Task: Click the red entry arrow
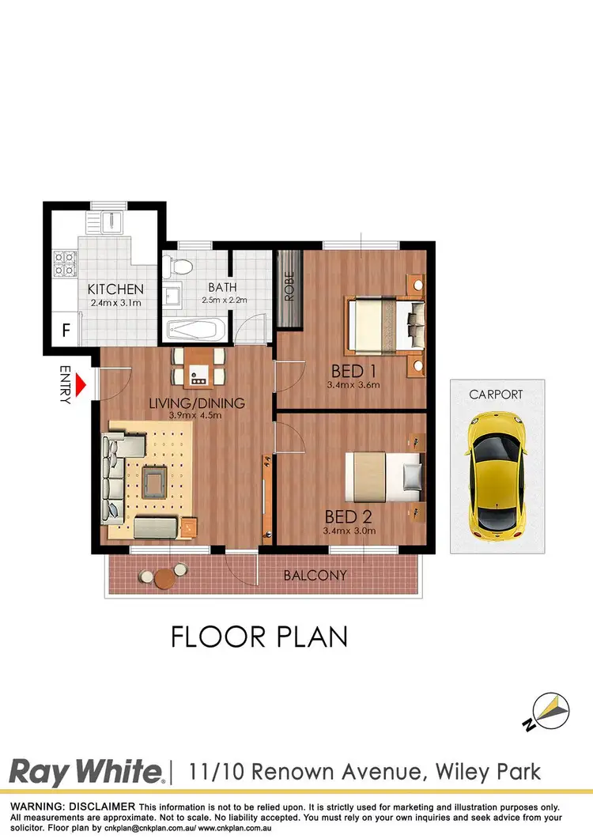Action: point(81,386)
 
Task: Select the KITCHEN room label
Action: point(115,289)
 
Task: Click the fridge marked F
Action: point(66,329)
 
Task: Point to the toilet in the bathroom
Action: point(179,266)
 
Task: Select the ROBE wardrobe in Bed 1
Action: point(289,288)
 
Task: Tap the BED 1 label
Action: point(353,371)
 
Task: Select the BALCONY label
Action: point(315,575)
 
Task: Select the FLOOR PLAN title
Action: point(259,637)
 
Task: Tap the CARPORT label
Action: point(496,394)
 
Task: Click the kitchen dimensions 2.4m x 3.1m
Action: point(115,302)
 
